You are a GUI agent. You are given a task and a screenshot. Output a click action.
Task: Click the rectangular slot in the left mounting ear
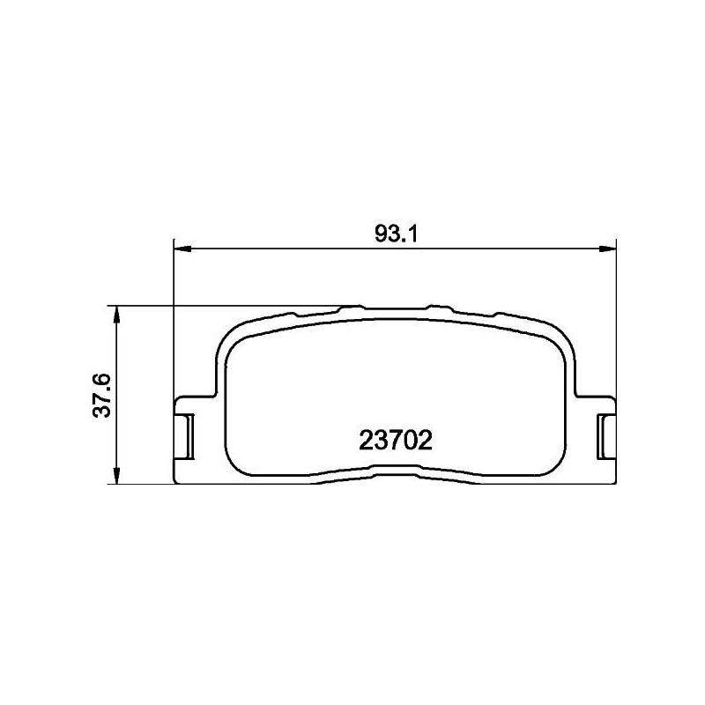tap(186, 434)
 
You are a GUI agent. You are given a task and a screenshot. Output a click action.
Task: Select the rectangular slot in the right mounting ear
tap(607, 434)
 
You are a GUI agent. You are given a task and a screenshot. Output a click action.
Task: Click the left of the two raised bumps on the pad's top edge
tap(352, 308)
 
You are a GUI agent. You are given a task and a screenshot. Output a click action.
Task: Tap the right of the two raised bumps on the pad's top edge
tap(434, 308)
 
